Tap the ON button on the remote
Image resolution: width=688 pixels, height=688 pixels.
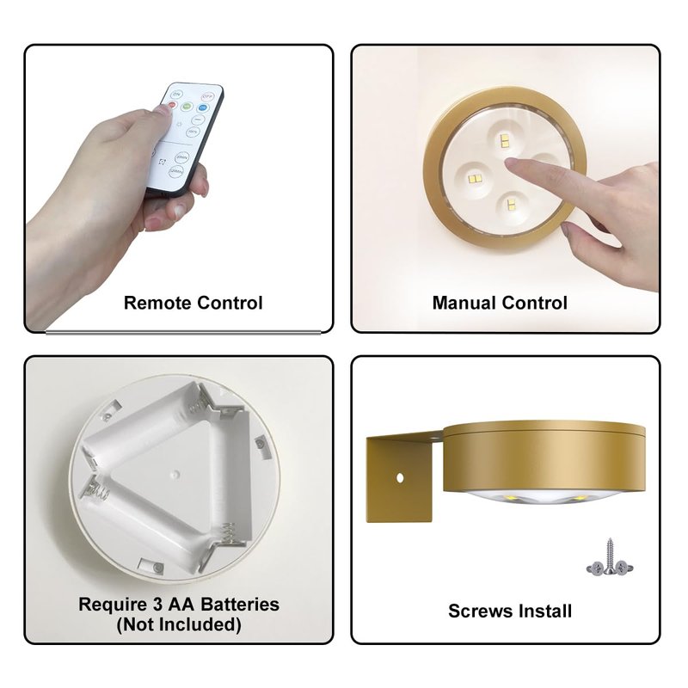coord(176,94)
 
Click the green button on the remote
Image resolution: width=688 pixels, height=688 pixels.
coord(187,106)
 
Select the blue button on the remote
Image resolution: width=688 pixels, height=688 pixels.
coord(203,108)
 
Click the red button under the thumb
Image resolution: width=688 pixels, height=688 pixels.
coord(171,105)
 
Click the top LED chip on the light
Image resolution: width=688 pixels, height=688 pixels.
coord(505,140)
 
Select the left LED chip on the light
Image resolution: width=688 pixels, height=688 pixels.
coord(476,179)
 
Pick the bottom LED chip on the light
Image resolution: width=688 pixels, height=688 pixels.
coord(511,204)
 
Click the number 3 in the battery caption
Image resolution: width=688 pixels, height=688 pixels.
coord(157,605)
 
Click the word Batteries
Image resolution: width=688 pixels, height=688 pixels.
coord(240,605)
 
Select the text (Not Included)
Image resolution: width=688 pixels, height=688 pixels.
coord(179,624)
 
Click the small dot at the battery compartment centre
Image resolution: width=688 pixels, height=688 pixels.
coord(175,475)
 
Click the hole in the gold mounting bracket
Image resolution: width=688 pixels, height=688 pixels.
coord(400,477)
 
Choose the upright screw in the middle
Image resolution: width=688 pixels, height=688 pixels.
coord(610,556)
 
